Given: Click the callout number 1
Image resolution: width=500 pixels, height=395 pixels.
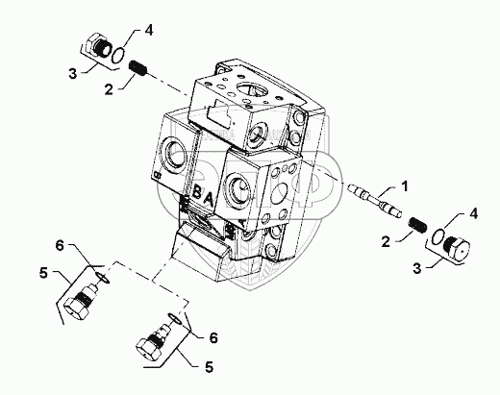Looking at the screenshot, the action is tap(405, 186).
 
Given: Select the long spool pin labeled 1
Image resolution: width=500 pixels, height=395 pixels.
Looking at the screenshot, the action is tap(375, 200).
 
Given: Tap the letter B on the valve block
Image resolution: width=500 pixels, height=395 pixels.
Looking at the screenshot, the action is tap(197, 193).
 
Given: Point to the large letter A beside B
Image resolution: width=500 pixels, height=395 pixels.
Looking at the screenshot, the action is tap(209, 201).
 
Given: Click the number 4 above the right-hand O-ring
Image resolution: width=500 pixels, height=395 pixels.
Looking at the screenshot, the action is tap(473, 213).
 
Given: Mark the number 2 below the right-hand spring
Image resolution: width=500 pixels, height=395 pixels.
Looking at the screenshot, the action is tap(386, 242).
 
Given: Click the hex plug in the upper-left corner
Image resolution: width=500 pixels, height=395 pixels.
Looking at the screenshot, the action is tap(98, 45).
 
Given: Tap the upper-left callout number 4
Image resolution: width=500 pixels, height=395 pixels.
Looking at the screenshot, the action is tap(148, 31).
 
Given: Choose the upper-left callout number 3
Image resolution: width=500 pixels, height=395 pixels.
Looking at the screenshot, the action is tap(73, 74).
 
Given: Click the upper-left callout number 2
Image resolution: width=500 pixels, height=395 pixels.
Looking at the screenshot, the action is tap(109, 90).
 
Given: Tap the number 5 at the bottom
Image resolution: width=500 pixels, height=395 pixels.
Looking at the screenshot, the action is tap(209, 367).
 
